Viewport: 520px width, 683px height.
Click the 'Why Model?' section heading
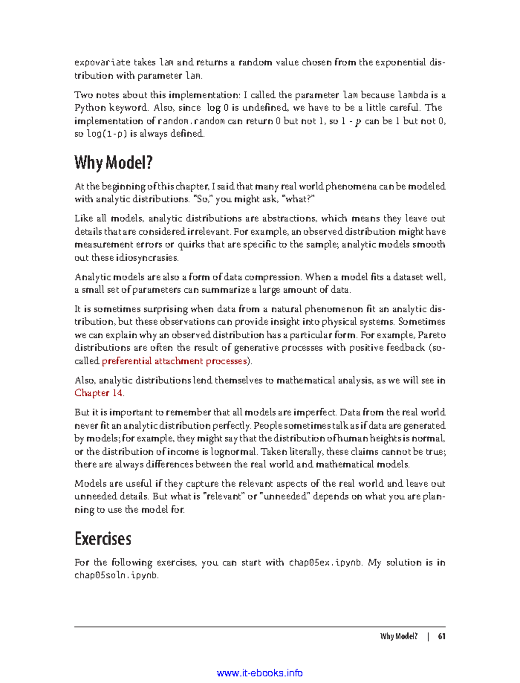(114, 163)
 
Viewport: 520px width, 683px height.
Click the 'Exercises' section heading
(103, 539)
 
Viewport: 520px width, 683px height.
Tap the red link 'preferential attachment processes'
(174, 361)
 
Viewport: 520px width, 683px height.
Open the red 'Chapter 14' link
(98, 393)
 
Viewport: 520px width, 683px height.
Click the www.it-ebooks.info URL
(260, 673)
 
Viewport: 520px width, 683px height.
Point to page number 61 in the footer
(441, 636)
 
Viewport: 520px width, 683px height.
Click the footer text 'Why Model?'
(399, 636)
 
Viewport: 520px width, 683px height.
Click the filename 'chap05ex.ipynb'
(325, 562)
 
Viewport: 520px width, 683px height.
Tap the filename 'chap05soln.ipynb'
(116, 575)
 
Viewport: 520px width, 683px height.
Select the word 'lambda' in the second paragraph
(413, 95)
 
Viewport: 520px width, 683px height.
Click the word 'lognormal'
(234, 451)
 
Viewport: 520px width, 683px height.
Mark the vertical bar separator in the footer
(428, 636)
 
